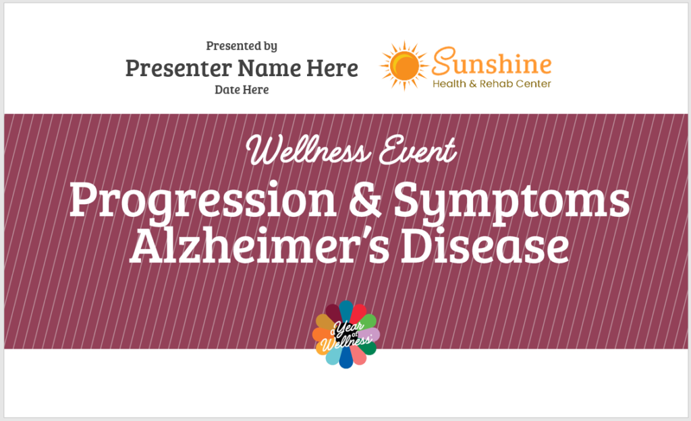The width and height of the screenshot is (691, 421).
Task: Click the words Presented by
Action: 242,46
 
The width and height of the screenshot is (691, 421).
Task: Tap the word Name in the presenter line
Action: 269,68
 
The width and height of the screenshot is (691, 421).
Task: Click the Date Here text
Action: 242,90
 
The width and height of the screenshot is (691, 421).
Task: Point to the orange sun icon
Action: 404,65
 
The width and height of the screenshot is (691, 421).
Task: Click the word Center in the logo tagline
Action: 533,84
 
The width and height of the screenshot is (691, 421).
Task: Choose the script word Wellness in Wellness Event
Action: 308,150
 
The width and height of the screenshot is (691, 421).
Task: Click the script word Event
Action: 417,150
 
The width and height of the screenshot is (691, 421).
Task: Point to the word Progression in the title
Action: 203,200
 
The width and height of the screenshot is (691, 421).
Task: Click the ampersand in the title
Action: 365,200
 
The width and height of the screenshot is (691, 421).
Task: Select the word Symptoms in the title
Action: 512,202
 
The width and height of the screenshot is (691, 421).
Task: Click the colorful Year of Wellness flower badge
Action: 346,334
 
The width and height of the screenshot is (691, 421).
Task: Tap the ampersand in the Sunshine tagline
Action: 472,84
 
